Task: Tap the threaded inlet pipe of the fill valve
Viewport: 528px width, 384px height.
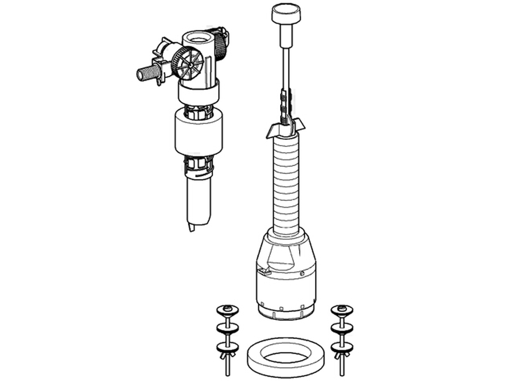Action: (x=146, y=73)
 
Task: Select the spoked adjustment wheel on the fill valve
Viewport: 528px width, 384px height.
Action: (x=188, y=65)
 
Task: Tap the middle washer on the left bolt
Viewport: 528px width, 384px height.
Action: (x=228, y=328)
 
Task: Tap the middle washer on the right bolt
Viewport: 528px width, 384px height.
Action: (x=342, y=328)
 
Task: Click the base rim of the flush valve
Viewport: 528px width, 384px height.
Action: (x=286, y=314)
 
